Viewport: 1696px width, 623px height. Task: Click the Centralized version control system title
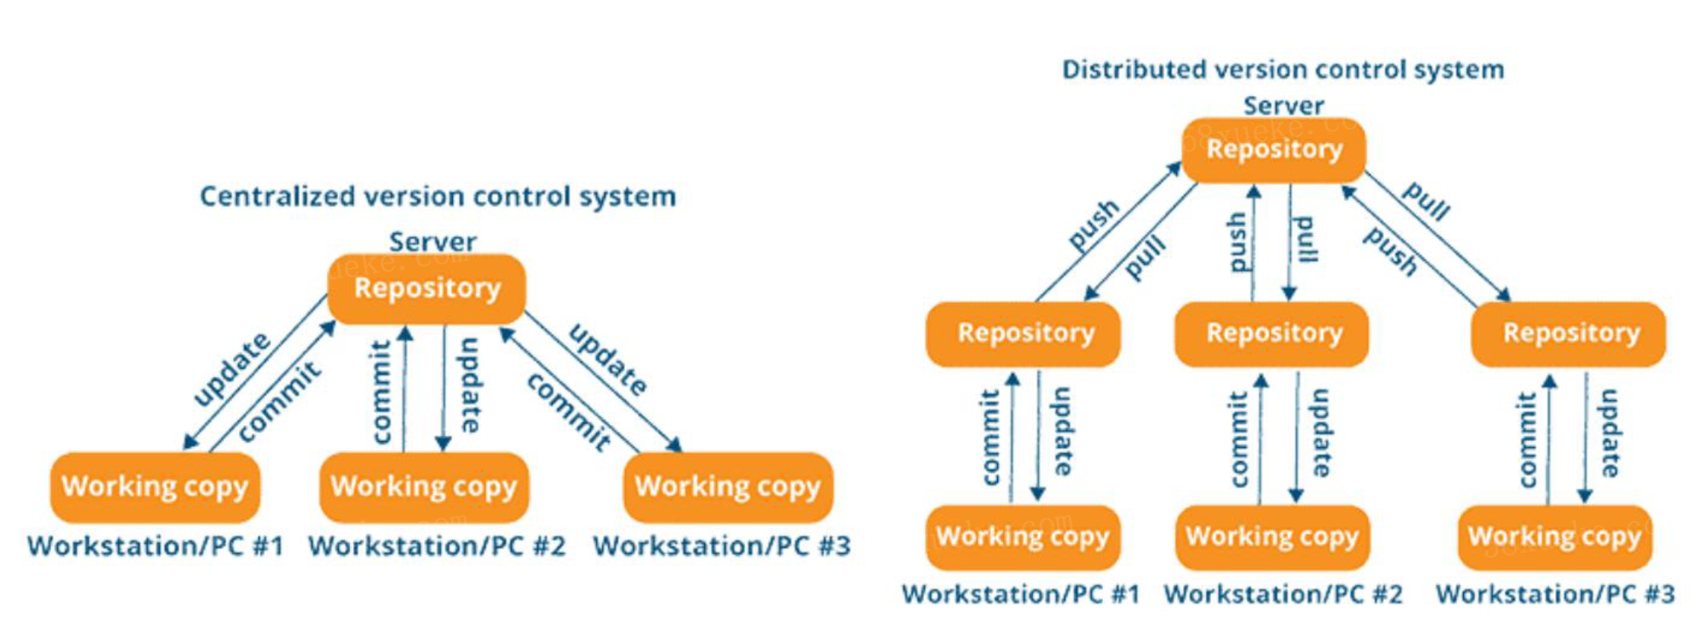point(438,196)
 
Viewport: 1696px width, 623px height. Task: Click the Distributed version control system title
point(1283,69)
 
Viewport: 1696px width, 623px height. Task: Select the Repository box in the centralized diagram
point(427,289)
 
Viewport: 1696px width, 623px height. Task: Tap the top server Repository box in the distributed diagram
point(1274,149)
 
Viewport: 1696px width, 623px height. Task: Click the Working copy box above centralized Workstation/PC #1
point(155,487)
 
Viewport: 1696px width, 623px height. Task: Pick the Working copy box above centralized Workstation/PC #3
point(728,487)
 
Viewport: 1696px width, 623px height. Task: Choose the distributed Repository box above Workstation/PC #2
point(1274,334)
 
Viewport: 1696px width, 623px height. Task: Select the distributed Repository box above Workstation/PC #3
point(1570,334)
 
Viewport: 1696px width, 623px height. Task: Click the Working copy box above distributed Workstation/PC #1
point(1022,537)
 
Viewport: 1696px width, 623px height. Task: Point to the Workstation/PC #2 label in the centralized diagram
point(437,546)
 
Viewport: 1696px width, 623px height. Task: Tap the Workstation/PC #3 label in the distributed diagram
point(1554,594)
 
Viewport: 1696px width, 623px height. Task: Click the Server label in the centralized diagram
point(432,242)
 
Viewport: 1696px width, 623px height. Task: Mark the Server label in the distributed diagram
point(1283,106)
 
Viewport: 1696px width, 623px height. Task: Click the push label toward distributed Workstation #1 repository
point(1094,225)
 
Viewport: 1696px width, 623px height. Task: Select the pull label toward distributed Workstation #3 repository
point(1427,201)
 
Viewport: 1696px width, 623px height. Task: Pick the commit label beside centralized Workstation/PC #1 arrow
point(279,401)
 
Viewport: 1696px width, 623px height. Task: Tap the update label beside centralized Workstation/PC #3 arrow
point(608,359)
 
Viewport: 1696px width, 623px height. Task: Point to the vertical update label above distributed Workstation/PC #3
point(1609,433)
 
